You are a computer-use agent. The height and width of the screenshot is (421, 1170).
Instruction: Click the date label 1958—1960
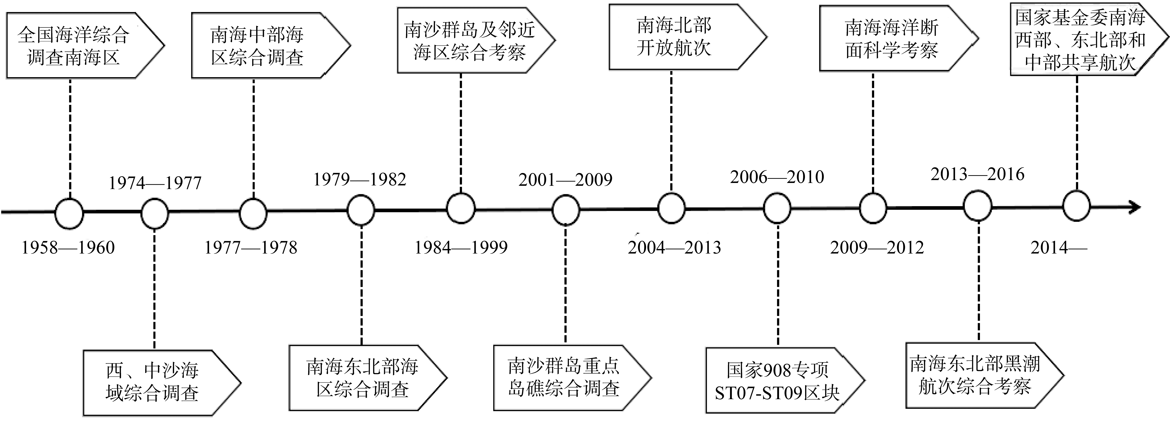pyautogui.click(x=68, y=247)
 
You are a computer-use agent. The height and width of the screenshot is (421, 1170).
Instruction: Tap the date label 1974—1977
pyautogui.click(x=155, y=183)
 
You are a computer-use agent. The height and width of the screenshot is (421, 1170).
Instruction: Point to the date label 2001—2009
pyautogui.click(x=565, y=180)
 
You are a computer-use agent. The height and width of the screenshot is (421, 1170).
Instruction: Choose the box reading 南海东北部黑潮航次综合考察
pyautogui.click(x=977, y=375)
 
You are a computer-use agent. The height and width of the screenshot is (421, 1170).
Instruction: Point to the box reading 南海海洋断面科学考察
pyautogui.click(x=892, y=39)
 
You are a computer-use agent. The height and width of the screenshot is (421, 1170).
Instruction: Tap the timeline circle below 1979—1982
pyautogui.click(x=361, y=210)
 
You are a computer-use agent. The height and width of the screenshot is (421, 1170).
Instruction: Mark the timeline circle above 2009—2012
pyautogui.click(x=873, y=208)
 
